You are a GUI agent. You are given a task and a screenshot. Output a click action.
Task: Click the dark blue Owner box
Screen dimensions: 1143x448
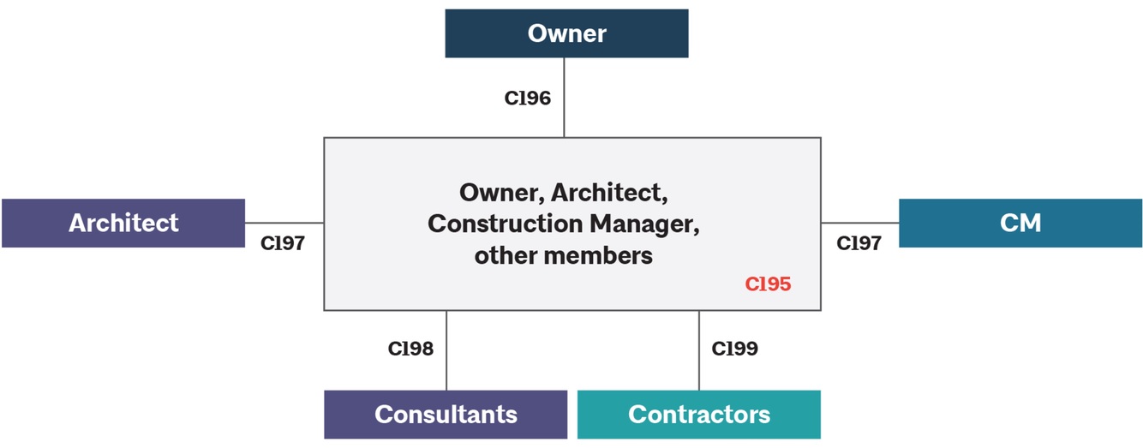point(566,33)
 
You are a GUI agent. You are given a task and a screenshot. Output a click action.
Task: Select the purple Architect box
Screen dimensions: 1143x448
point(123,223)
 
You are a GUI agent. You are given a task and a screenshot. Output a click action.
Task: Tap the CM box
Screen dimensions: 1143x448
point(1020,223)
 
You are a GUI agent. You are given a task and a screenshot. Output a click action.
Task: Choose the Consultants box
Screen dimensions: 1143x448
point(446,415)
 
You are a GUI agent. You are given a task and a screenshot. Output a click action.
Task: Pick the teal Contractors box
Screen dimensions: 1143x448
point(698,415)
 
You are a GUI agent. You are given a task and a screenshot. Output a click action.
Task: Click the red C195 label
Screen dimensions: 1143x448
point(768,284)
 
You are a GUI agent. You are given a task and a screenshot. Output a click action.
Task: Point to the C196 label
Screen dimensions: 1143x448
point(527,98)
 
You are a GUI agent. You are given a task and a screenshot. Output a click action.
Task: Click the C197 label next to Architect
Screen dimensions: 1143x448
point(283,243)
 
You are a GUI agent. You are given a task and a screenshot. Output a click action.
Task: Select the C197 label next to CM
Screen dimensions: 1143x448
point(859,243)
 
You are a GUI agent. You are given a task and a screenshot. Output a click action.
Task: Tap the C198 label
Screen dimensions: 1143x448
point(410,349)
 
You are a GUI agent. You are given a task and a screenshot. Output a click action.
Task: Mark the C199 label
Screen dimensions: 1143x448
point(735,349)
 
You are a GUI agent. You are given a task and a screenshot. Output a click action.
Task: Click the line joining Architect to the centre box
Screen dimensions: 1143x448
point(284,223)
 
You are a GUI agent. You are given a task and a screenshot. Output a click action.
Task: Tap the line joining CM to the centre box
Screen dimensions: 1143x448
point(860,223)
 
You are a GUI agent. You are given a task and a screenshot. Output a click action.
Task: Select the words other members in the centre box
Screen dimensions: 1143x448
point(563,254)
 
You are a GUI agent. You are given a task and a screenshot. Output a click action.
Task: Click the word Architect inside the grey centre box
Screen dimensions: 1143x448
point(607,192)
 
